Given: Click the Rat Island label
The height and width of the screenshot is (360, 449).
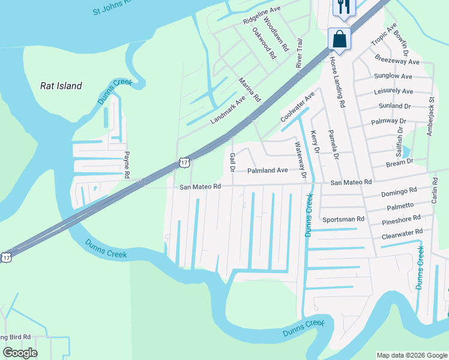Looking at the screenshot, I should pyautogui.click(x=61, y=86).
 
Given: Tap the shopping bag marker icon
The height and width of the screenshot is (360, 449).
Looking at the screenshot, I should pyautogui.click(x=339, y=40).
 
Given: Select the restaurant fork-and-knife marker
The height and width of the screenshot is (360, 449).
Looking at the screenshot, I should pyautogui.click(x=344, y=7).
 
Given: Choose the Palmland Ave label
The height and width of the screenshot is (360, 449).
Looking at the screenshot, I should pyautogui.click(x=268, y=170).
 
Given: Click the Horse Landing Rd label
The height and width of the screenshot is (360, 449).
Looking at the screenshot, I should pyautogui.click(x=337, y=83).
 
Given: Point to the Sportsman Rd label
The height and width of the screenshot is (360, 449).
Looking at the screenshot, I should pyautogui.click(x=343, y=220).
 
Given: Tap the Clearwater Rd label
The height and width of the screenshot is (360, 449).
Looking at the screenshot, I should pyautogui.click(x=402, y=233).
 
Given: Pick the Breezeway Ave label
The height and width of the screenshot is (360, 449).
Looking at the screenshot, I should pyautogui.click(x=397, y=61).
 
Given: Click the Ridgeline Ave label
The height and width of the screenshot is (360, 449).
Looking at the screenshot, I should pyautogui.click(x=262, y=16).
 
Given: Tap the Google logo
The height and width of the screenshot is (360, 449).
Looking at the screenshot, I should pyautogui.click(x=20, y=353).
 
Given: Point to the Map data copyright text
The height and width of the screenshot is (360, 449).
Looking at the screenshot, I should pyautogui.click(x=411, y=355).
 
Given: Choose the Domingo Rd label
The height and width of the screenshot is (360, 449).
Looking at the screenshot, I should pyautogui.click(x=399, y=193).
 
